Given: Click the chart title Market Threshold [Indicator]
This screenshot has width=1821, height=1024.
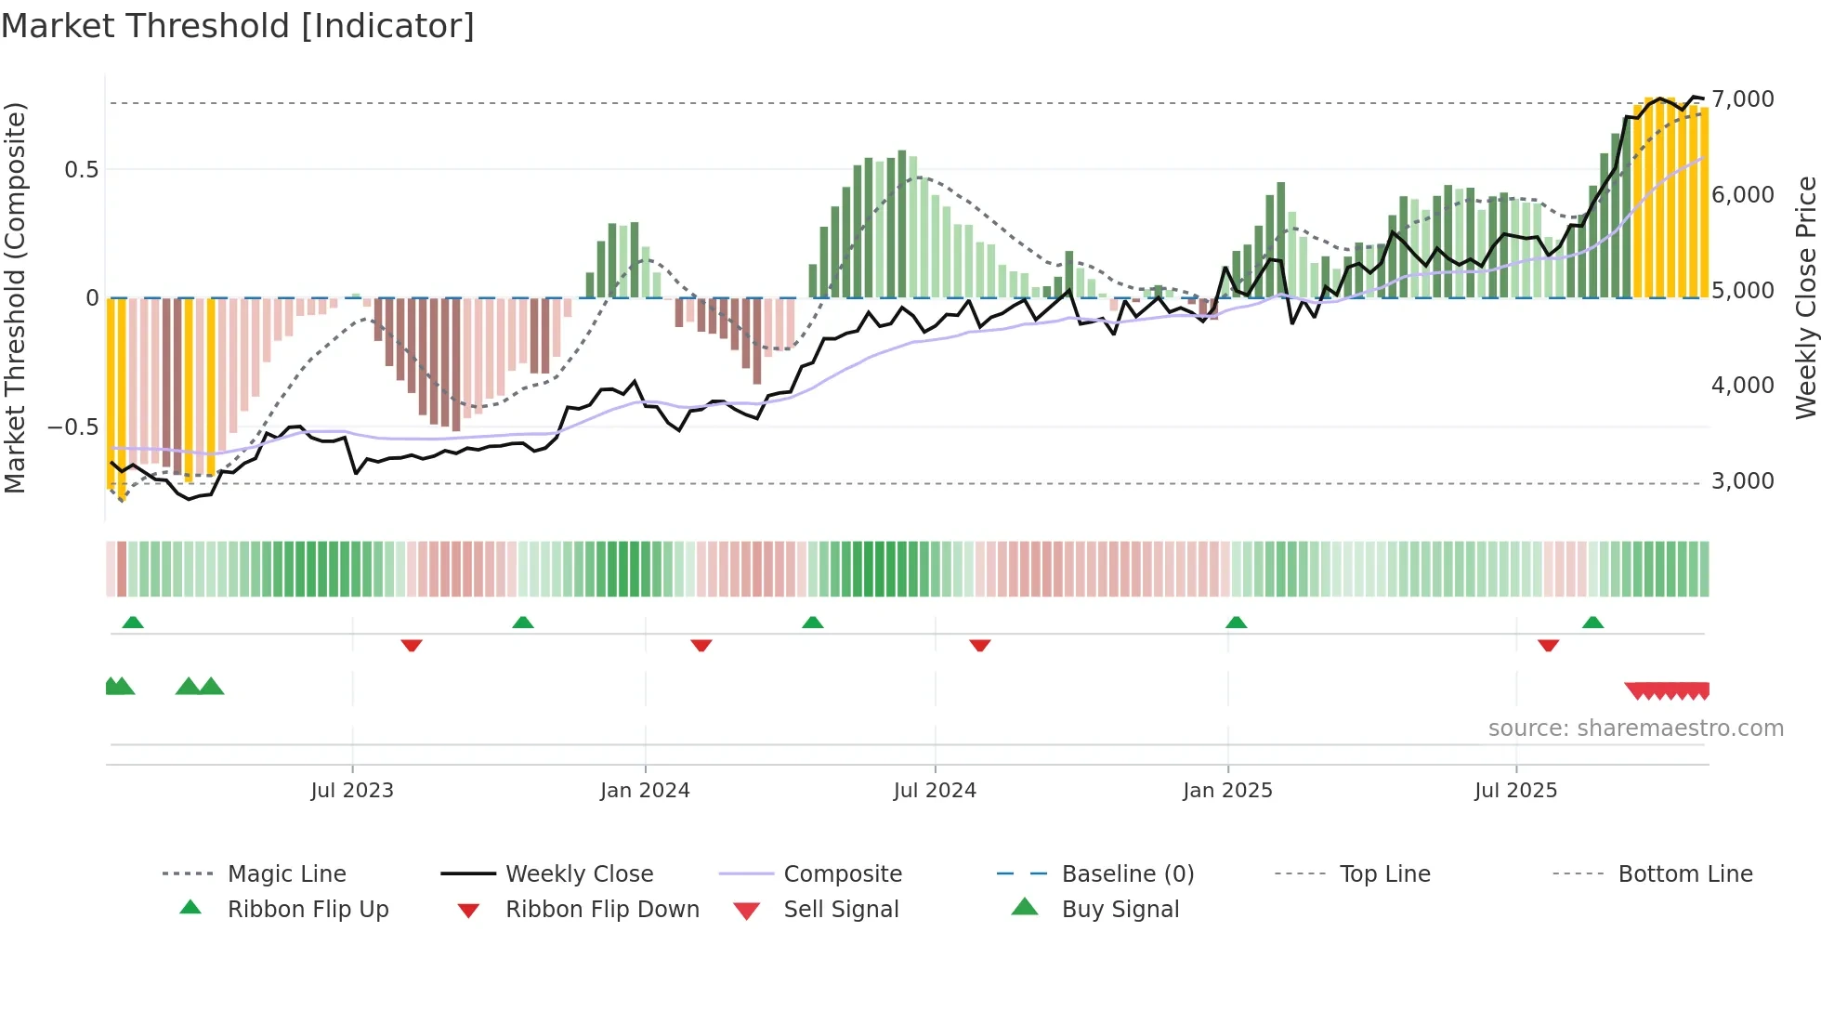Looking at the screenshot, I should coord(238,26).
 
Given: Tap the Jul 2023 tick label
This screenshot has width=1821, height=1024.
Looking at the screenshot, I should coord(352,790).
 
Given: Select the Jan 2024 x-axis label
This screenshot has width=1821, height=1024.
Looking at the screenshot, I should coord(645,790).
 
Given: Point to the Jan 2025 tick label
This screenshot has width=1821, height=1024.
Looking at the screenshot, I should coord(1227,790).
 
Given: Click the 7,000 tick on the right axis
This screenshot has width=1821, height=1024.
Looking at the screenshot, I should coord(1742,98).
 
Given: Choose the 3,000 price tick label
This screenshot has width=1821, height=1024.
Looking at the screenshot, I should coord(1742,480).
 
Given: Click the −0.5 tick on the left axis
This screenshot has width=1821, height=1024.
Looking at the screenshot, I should coord(72,427).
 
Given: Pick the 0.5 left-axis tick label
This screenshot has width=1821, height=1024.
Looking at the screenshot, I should coord(81,169).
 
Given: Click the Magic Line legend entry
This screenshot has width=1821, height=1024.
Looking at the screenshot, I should coord(286,873).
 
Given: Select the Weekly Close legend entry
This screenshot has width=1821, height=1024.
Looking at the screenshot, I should coord(579,873).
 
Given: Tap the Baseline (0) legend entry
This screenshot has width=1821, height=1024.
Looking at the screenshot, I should coord(1127,873).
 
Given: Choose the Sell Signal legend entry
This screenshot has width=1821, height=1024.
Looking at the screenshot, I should coord(841,909).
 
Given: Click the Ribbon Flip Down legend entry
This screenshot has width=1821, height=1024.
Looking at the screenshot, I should coord(602,909).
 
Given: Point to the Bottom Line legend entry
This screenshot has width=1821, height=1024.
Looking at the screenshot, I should coord(1684,873).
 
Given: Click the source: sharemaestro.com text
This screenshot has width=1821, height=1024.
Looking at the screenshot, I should coord(1635,728).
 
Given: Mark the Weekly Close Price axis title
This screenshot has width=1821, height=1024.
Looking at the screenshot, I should coord(1805,297).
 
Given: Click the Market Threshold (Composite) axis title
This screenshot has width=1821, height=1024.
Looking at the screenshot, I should coord(15,297).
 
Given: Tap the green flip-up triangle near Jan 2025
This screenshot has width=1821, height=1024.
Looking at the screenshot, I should coord(1236,623).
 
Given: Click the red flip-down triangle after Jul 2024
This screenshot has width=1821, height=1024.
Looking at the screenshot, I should coord(979,645).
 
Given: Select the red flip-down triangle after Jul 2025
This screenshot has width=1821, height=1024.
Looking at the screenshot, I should coord(1548,645).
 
